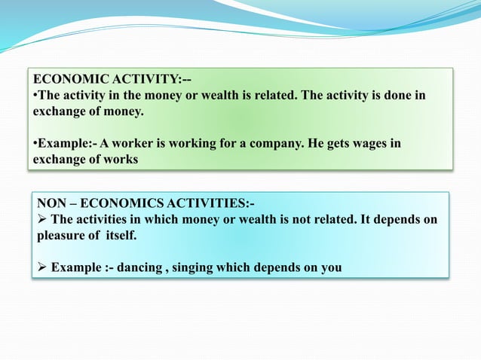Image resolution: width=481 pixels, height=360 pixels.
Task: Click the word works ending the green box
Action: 121,160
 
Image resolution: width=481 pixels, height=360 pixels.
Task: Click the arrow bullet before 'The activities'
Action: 42,219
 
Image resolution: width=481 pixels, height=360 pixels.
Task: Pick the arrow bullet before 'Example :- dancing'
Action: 42,267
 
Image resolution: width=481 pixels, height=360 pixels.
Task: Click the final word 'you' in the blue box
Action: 331,267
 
